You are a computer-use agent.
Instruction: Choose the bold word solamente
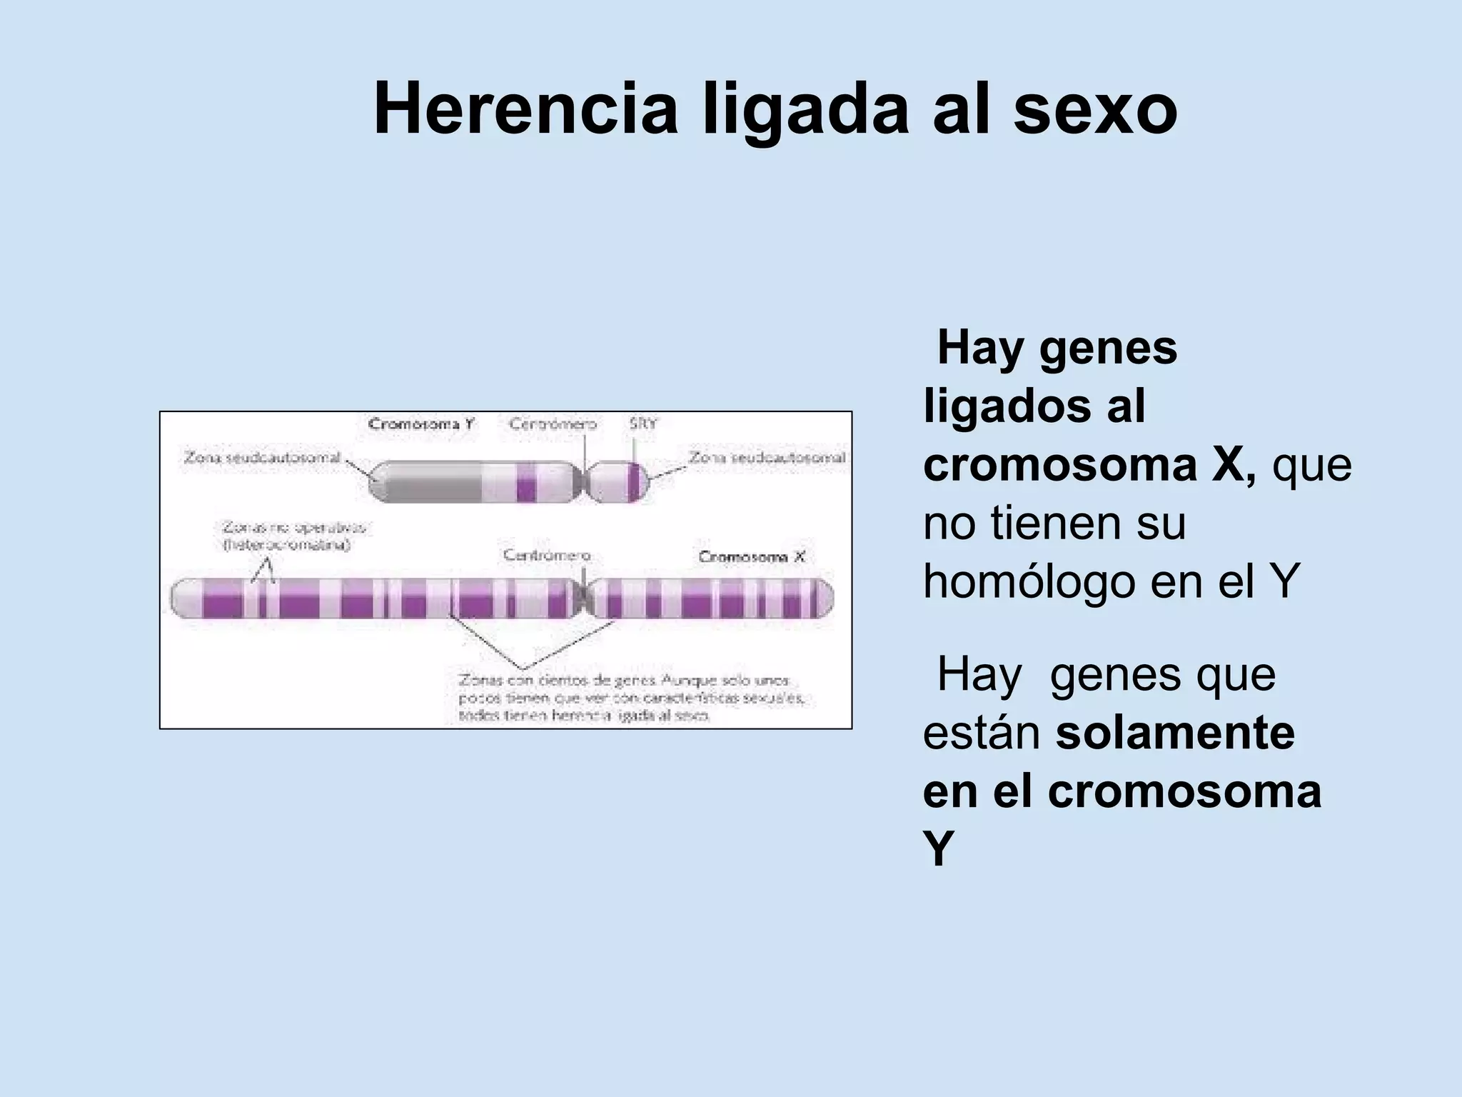1175,733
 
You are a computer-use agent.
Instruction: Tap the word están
981,733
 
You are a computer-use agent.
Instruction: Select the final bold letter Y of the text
938,850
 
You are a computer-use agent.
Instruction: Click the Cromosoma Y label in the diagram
421,424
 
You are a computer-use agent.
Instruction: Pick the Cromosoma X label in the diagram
751,556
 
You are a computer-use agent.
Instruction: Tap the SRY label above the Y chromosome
642,424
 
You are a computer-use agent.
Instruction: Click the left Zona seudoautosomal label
262,457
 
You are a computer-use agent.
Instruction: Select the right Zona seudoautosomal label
767,457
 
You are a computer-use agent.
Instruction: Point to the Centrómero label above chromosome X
547,555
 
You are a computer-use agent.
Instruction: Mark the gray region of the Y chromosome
433,482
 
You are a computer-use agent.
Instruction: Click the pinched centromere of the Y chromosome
586,482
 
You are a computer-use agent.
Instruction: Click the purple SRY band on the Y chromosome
634,482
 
